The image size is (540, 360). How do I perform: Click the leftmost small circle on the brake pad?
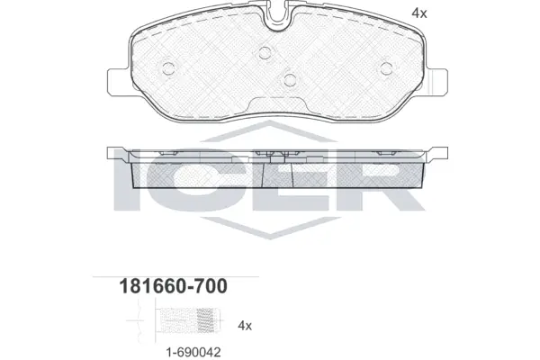(x=169, y=68)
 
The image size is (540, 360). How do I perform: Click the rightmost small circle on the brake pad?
(x=386, y=68)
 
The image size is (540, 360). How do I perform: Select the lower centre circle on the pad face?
(x=289, y=80)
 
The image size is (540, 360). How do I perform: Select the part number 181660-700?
(x=172, y=287)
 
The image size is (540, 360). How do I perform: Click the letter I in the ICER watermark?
(x=129, y=185)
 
